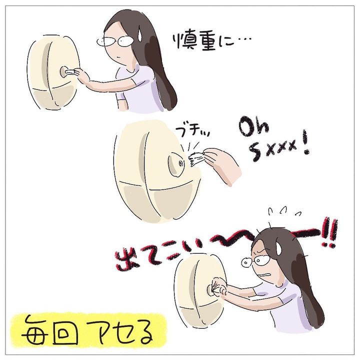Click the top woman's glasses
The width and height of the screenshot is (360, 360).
114,41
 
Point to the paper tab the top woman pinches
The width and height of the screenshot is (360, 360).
69,72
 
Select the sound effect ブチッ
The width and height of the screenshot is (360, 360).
192,131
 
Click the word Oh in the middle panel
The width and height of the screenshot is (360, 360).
253,127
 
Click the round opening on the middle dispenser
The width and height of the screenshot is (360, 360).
176,164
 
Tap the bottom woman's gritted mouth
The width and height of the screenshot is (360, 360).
264,274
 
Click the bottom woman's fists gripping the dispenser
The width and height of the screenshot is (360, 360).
219,287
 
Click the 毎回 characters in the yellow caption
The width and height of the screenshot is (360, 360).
49,330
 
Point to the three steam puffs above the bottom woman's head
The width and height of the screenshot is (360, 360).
284,210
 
